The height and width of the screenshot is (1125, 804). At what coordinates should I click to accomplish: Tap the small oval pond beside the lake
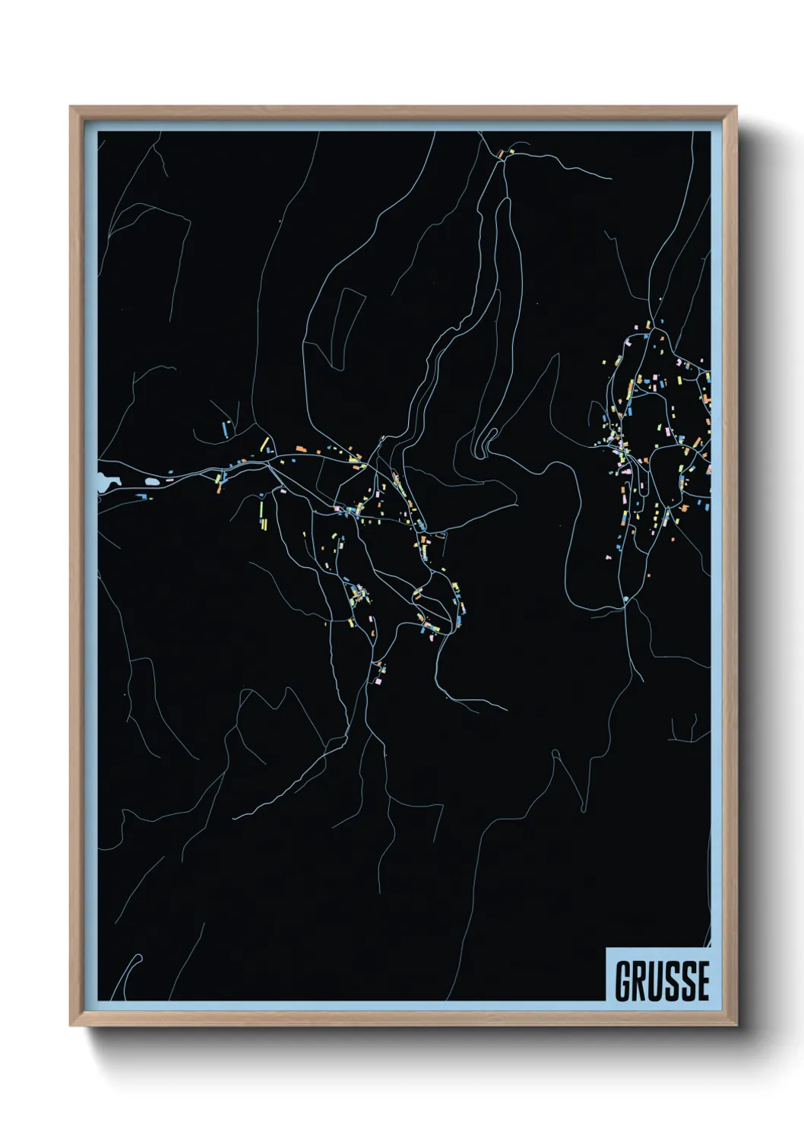[x=154, y=481]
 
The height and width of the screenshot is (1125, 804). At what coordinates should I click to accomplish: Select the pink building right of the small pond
[x=169, y=479]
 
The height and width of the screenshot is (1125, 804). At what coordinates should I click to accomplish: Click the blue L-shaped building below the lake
[x=141, y=496]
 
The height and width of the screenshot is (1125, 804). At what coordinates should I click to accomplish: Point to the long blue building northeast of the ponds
[x=226, y=427]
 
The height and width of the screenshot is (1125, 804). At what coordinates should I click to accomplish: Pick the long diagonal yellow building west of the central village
[x=264, y=443]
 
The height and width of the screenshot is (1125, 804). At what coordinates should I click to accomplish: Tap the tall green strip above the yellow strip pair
[x=261, y=505]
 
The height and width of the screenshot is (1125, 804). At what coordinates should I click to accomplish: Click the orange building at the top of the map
[x=501, y=154]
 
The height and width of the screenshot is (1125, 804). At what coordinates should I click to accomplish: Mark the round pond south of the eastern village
[x=625, y=600]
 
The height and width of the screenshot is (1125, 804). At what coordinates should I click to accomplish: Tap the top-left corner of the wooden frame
[x=71, y=107]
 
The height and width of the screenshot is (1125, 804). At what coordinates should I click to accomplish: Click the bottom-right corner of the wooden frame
[x=736, y=1025]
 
